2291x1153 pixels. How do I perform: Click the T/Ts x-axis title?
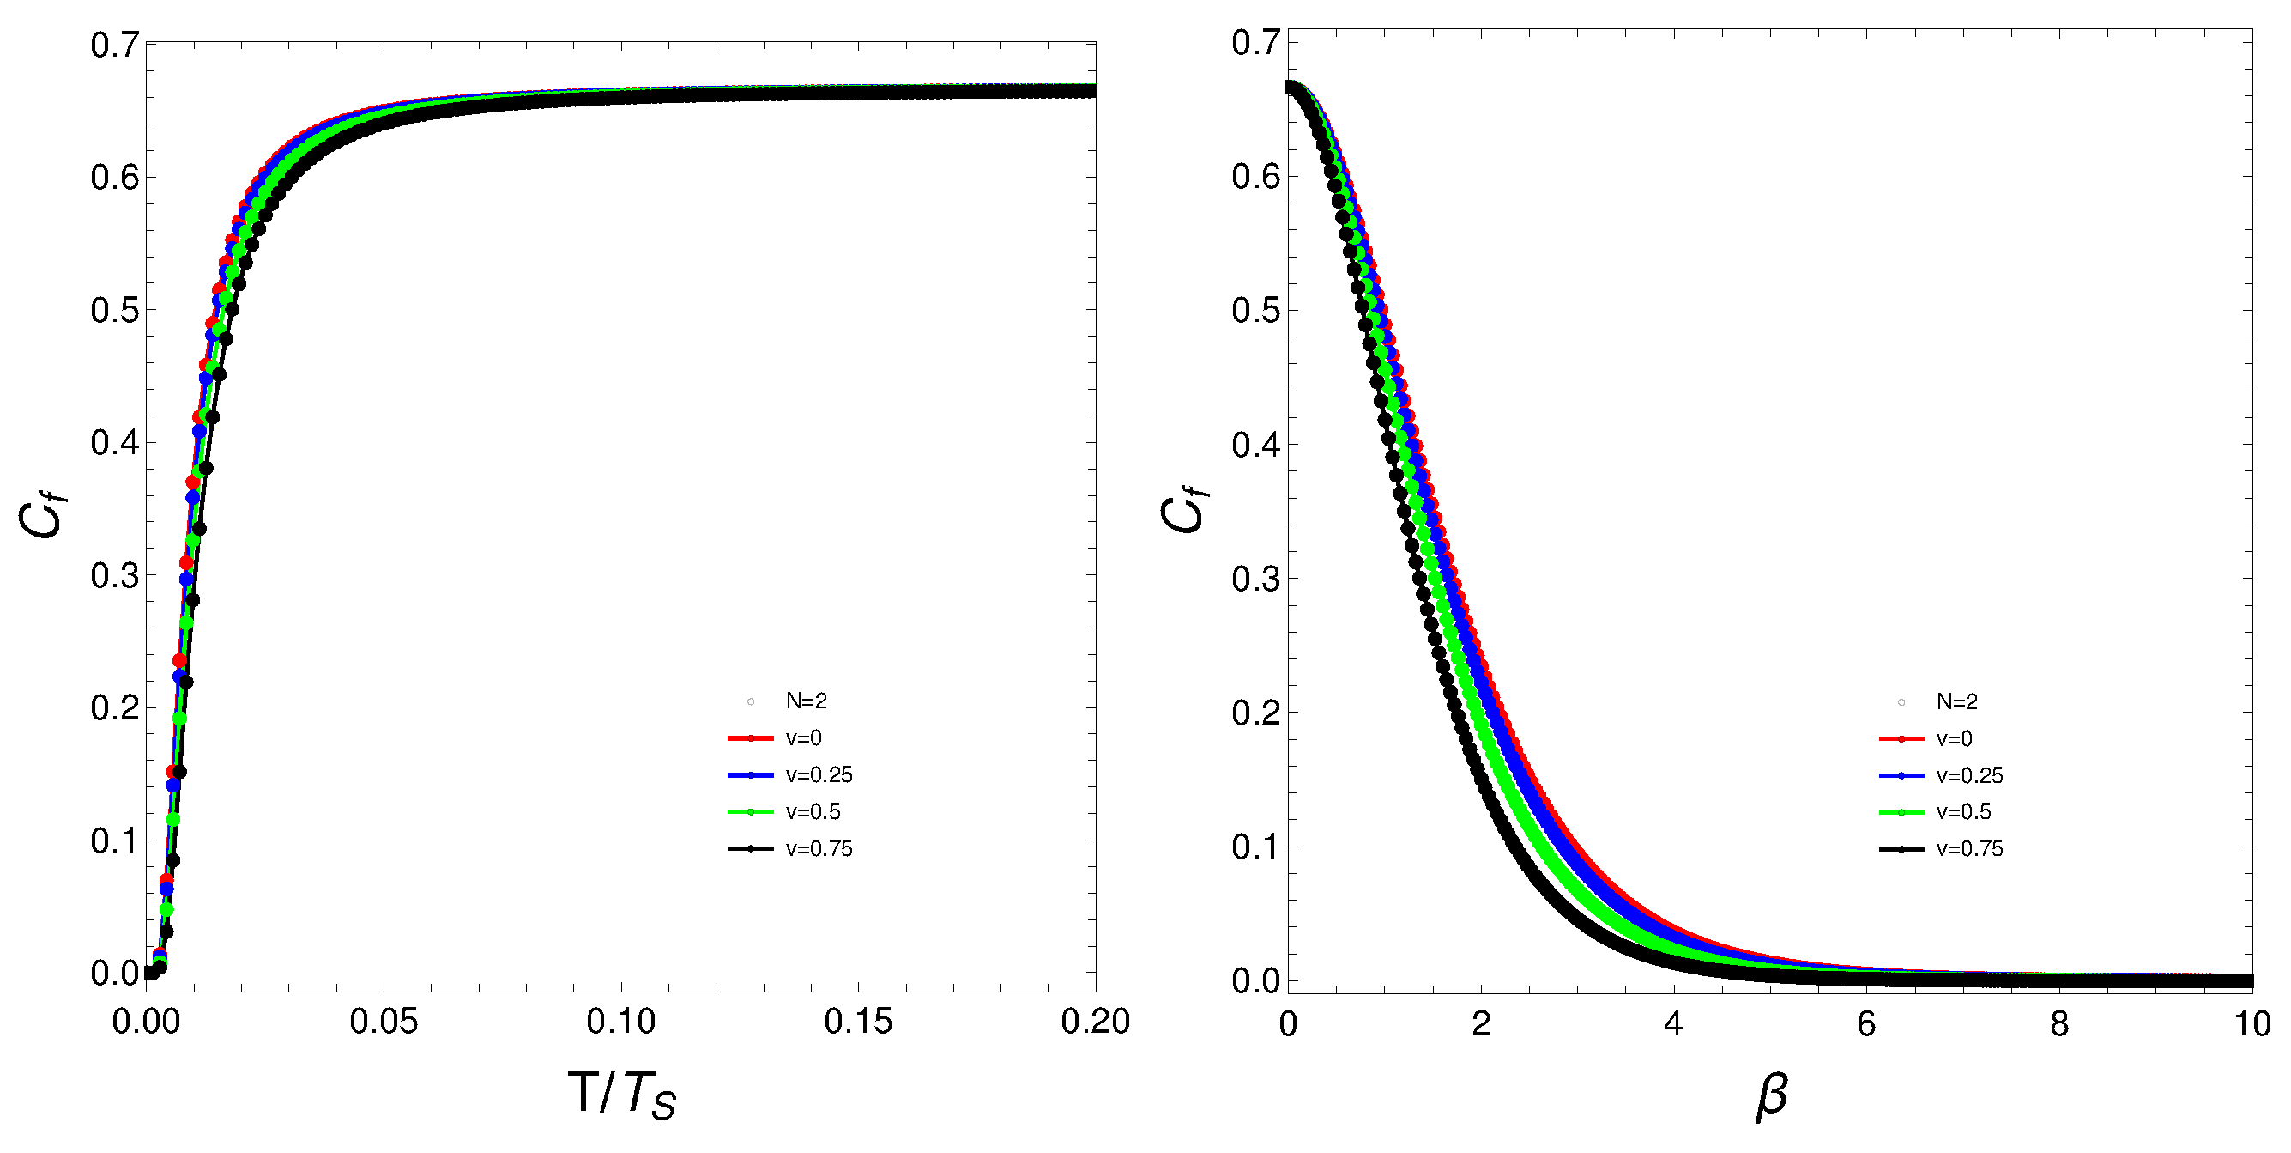[x=622, y=1094]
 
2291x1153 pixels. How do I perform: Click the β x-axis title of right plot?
[x=1771, y=1095]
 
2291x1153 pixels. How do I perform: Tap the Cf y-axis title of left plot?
[x=43, y=516]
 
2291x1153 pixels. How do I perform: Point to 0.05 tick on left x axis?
[x=384, y=1022]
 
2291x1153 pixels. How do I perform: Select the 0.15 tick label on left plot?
[x=857, y=1022]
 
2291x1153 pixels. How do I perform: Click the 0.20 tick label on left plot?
[x=1095, y=1022]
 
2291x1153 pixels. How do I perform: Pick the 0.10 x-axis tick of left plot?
[x=620, y=1022]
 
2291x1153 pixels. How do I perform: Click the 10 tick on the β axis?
[x=2252, y=1024]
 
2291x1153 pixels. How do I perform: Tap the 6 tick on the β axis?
[x=1866, y=1024]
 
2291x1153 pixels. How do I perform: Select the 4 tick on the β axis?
[x=1673, y=1024]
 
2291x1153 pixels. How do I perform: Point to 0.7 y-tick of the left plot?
[x=115, y=45]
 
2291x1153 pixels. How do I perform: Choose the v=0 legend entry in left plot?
[x=803, y=737]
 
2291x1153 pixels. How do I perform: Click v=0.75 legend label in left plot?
[x=819, y=849]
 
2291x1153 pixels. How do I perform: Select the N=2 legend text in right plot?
[x=1956, y=702]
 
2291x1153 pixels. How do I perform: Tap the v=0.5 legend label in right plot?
[x=1963, y=812]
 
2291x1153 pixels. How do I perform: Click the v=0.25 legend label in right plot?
[x=1969, y=776]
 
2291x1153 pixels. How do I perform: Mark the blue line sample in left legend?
[x=751, y=775]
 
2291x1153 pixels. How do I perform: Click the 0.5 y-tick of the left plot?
[x=115, y=311]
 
